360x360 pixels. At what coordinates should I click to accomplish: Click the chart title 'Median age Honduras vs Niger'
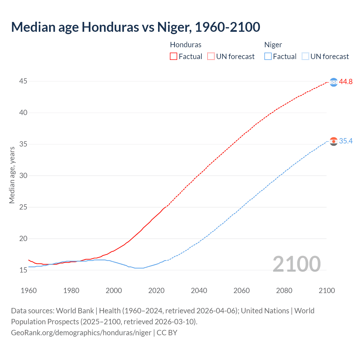(136, 27)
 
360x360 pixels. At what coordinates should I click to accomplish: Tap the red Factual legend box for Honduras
(174, 57)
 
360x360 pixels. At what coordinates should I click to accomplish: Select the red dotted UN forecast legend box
(211, 57)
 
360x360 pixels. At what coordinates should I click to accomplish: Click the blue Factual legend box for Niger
(268, 57)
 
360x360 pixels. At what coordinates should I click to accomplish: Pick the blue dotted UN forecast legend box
(305, 57)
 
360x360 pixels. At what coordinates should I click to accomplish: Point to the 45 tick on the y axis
(23, 81)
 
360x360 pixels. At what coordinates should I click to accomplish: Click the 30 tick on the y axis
(23, 176)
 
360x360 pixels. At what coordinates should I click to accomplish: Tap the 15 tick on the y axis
(23, 270)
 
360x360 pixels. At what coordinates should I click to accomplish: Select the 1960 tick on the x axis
(29, 291)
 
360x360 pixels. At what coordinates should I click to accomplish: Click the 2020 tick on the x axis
(156, 291)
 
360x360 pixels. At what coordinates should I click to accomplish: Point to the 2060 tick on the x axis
(242, 291)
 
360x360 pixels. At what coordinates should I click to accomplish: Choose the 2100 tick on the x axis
(327, 291)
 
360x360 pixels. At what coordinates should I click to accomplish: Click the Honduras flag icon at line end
(334, 82)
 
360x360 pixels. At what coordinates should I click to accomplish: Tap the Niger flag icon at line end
(334, 141)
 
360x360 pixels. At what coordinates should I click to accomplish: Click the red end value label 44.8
(346, 82)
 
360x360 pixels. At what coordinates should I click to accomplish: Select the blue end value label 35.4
(346, 141)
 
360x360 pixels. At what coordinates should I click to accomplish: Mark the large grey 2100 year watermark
(297, 264)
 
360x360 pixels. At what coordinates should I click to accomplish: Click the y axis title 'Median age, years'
(12, 175)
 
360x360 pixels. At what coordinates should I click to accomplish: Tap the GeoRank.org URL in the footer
(81, 333)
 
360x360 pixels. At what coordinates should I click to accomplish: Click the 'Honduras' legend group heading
(186, 45)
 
